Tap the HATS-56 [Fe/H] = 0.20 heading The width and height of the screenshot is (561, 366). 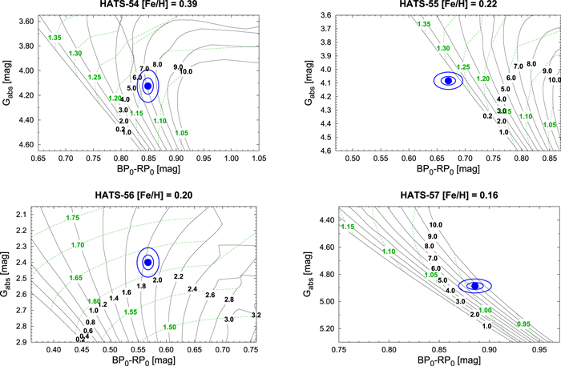coord(147,194)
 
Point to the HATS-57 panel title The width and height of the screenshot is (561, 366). coord(429,194)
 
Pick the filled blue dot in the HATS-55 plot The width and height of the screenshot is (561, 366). coord(449,80)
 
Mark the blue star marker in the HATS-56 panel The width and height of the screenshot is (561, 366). coord(147,262)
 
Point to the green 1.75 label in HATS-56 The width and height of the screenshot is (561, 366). coord(72,218)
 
